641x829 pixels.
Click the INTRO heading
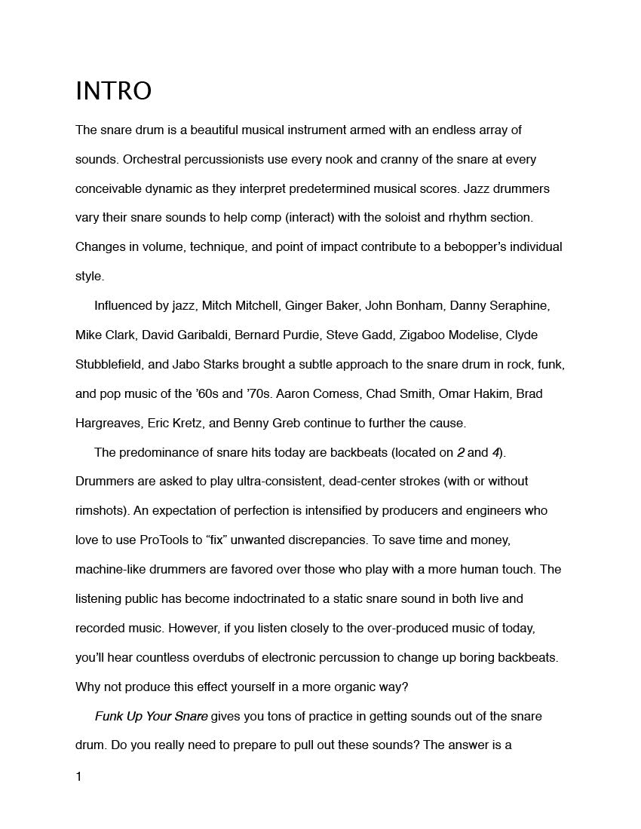(113, 91)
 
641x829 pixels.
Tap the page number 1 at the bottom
(78, 777)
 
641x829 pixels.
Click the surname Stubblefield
(109, 364)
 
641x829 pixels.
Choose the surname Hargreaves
(106, 423)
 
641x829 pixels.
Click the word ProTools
(170, 540)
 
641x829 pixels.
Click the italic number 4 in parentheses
(496, 452)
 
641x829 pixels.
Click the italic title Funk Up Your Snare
(151, 716)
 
